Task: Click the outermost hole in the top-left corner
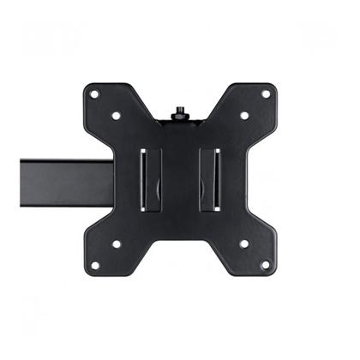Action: (x=94, y=93)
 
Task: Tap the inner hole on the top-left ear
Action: (x=116, y=115)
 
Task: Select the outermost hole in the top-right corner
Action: (x=266, y=93)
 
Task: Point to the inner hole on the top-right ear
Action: (x=244, y=115)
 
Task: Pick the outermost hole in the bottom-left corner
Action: (x=94, y=266)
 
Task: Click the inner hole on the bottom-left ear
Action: (x=116, y=244)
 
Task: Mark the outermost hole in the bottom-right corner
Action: (x=266, y=266)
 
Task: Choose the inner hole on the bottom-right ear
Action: (x=244, y=244)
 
